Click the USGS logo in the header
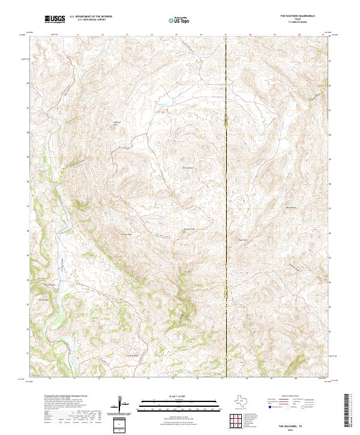click(x=55, y=19)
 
